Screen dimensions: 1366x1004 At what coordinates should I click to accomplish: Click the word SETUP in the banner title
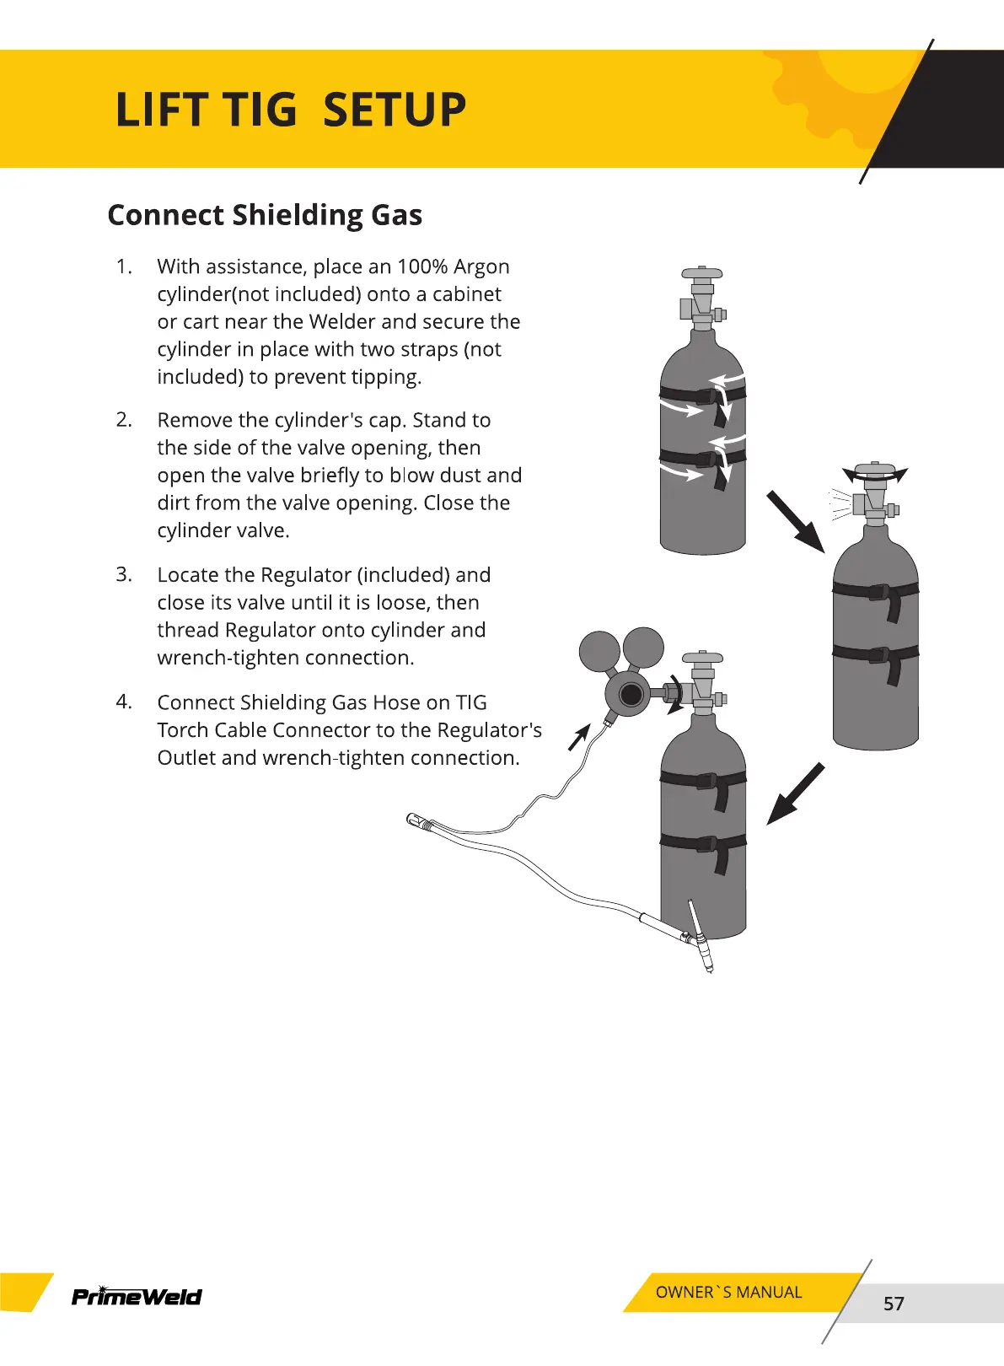(x=395, y=110)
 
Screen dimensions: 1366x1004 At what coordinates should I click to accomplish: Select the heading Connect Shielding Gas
(x=265, y=215)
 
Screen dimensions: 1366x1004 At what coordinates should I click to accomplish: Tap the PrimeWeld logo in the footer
(x=137, y=1296)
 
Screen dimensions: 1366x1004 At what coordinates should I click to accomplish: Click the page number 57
(x=894, y=1304)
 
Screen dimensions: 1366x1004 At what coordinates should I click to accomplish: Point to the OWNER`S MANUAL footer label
(x=728, y=1292)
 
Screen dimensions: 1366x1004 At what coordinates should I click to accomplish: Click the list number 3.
(x=124, y=574)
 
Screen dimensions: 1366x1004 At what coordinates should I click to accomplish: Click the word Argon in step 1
(x=481, y=267)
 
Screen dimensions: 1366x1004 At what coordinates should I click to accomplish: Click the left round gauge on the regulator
(x=599, y=651)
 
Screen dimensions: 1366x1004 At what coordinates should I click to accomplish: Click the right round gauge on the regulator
(x=643, y=648)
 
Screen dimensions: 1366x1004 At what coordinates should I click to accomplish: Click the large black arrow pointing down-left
(x=794, y=794)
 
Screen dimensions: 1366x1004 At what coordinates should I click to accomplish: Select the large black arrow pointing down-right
(x=795, y=521)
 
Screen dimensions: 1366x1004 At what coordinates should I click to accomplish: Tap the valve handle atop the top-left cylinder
(x=701, y=274)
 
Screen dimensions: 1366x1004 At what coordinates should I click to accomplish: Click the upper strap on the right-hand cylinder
(x=875, y=591)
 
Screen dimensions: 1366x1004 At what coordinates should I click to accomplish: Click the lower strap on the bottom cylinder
(x=703, y=843)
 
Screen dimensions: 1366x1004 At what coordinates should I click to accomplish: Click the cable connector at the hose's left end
(x=417, y=820)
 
